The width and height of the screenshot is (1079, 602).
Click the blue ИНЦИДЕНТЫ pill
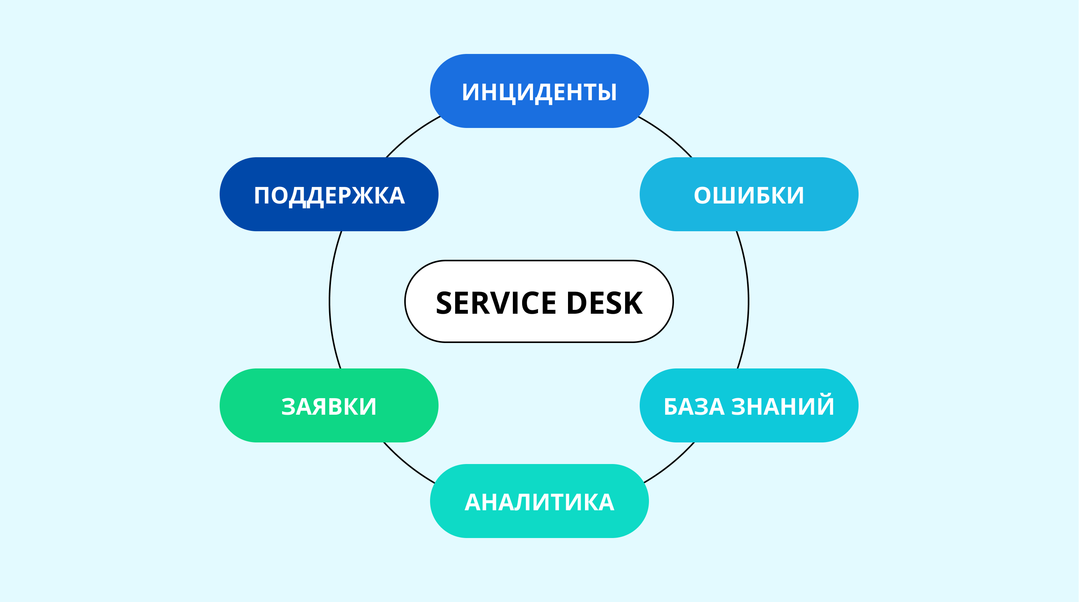pyautogui.click(x=539, y=91)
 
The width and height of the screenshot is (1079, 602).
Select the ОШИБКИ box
pyautogui.click(x=749, y=194)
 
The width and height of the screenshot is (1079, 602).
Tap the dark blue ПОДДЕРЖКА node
pyautogui.click(x=329, y=194)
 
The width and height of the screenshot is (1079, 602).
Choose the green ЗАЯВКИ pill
pyautogui.click(x=329, y=405)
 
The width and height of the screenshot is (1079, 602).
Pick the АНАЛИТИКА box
pyautogui.click(x=539, y=501)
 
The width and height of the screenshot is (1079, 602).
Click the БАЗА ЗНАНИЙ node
pyautogui.click(x=749, y=405)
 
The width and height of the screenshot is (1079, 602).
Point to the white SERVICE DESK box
pyautogui.click(x=539, y=302)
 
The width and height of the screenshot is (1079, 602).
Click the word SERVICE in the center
pyautogui.click(x=496, y=303)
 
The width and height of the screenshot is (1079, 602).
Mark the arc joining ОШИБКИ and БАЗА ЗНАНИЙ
pyautogui.click(x=748, y=300)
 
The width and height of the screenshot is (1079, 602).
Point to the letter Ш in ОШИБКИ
pyautogui.click(x=725, y=196)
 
